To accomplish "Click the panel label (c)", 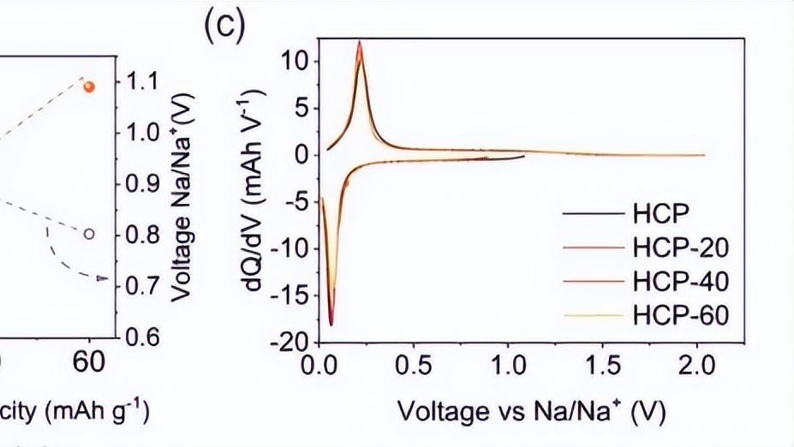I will click(224, 27).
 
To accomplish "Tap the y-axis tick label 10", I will click(294, 62).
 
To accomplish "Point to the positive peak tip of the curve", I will click(360, 42).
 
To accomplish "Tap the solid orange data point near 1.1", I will click(90, 86).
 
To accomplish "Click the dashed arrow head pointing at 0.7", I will click(103, 278).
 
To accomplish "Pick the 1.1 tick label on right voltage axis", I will click(146, 82).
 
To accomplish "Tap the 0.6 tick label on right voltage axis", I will click(146, 337).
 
